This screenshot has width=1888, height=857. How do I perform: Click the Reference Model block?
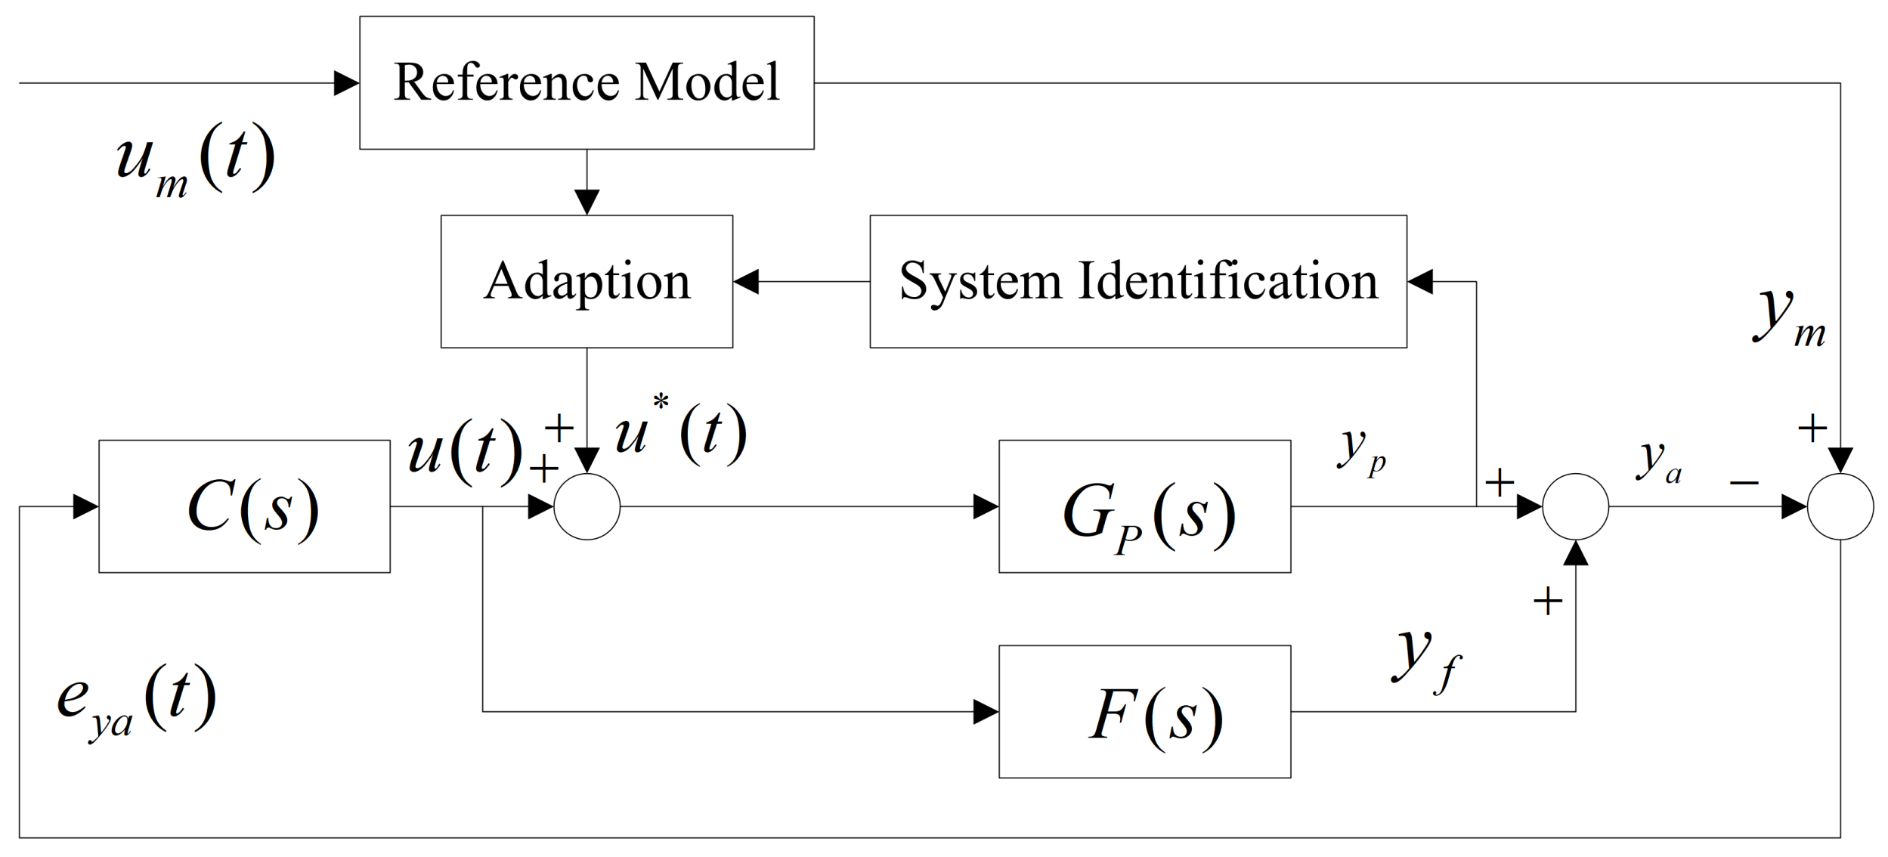pos(587,82)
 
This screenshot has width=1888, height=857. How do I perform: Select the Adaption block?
pos(587,281)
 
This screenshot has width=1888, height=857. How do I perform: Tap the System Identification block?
pos(1137,281)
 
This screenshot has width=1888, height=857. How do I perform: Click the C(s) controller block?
pos(244,506)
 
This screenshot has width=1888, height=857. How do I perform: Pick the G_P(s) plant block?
pos(1144,506)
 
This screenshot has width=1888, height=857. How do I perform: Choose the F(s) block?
pos(1144,712)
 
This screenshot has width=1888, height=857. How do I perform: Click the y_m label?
pos(1788,317)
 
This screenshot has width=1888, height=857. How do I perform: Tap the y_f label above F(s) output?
pos(1425,659)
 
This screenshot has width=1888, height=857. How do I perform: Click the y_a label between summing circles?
pos(1660,461)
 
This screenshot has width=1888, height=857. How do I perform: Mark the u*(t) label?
pos(680,434)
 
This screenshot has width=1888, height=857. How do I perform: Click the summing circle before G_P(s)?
pos(587,506)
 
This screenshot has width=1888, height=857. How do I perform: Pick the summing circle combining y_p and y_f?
pos(1575,506)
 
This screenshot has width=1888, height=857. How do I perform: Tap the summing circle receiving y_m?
pos(1840,506)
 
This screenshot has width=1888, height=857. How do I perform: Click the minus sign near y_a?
pos(1744,482)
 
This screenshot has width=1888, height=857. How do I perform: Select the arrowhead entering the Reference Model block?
pos(346,83)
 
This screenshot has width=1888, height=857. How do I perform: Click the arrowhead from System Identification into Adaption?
pos(746,281)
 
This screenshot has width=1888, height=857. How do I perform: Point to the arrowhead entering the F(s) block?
pos(986,712)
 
